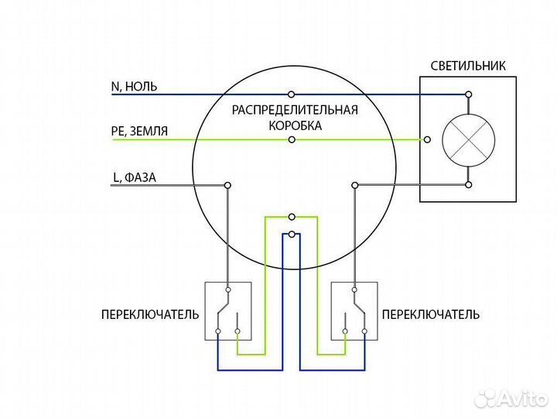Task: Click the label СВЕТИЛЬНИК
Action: (470, 66)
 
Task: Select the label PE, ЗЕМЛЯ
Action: (139, 132)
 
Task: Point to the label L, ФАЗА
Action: (135, 177)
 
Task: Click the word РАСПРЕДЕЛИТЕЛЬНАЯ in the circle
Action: (295, 110)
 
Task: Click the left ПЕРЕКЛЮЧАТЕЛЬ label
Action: (150, 314)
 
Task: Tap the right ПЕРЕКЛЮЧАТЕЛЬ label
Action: (430, 314)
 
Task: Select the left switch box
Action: (227, 311)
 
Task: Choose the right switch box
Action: (354, 311)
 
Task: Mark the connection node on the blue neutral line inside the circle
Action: (292, 94)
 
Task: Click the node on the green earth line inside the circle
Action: (292, 140)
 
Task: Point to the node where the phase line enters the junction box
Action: (227, 185)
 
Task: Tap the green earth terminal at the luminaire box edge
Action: (428, 140)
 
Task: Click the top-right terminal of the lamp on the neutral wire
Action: (468, 94)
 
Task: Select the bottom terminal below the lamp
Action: (468, 185)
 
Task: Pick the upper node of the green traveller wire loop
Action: (292, 218)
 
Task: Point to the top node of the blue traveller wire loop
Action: (292, 234)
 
